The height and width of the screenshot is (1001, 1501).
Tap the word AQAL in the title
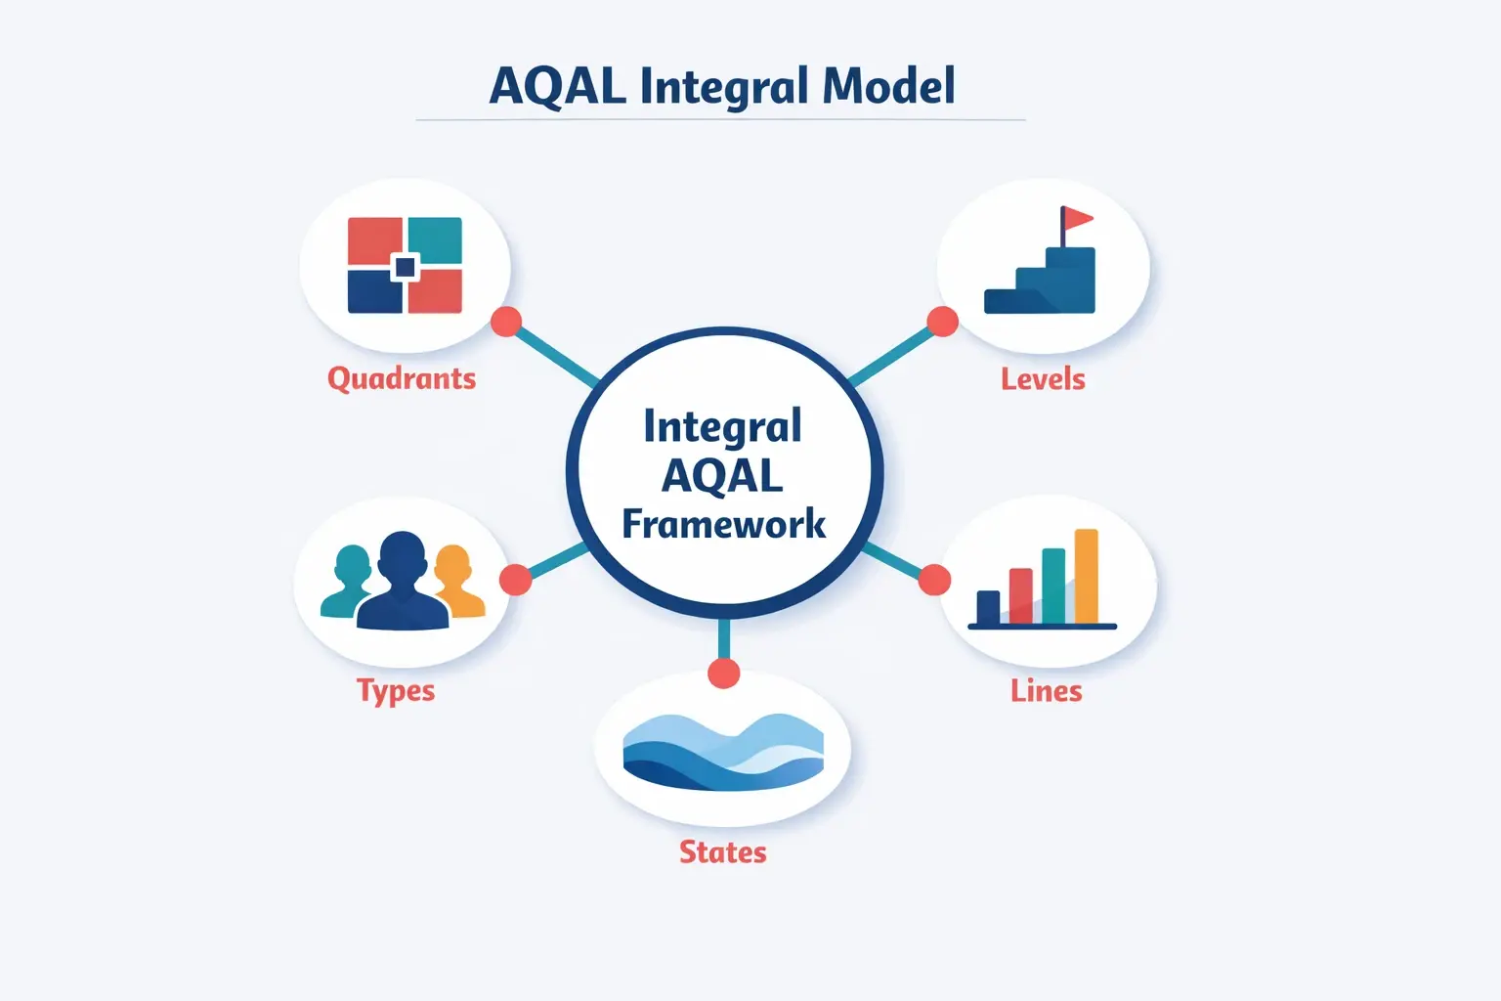(557, 86)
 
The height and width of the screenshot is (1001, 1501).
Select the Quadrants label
(402, 378)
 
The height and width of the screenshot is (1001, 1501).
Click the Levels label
(1043, 378)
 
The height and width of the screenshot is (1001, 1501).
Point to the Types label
(396, 691)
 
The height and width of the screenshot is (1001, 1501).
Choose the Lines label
(1046, 691)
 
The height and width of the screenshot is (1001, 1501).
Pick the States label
(723, 852)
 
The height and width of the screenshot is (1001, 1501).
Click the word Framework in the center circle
(724, 524)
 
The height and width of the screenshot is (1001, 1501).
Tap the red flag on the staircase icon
(1078, 218)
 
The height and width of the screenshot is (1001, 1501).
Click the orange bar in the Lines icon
(1086, 576)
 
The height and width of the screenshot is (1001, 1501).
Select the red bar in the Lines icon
(1020, 595)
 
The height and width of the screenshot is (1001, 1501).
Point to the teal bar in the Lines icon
(1053, 586)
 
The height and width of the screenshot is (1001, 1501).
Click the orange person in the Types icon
(455, 582)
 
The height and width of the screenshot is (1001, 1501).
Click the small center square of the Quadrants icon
(405, 267)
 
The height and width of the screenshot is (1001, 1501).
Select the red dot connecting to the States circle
(723, 673)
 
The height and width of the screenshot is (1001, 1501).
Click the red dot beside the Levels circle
(942, 322)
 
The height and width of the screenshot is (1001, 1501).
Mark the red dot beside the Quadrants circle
(505, 322)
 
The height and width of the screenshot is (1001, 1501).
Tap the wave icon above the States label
(723, 751)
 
